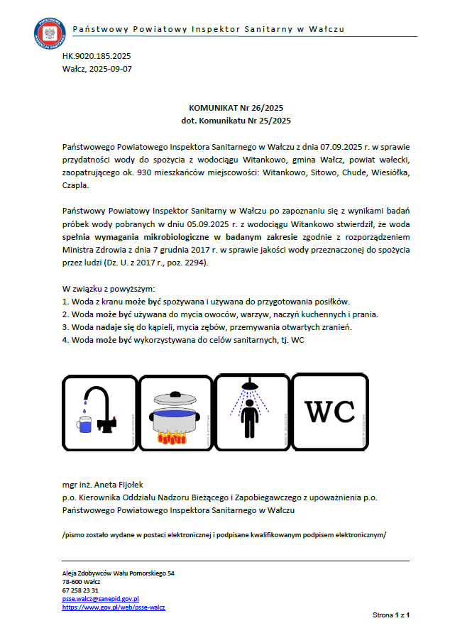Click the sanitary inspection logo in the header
(x=48, y=31)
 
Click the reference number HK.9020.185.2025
(x=97, y=55)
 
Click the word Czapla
(x=75, y=185)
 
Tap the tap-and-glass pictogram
(x=99, y=412)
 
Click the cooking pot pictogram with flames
(x=176, y=412)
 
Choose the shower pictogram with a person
(x=253, y=412)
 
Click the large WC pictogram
(x=329, y=412)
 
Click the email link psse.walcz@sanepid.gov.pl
(x=100, y=599)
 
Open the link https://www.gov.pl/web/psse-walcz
(x=114, y=607)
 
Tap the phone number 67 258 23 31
(x=81, y=590)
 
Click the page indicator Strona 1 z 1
(x=392, y=614)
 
